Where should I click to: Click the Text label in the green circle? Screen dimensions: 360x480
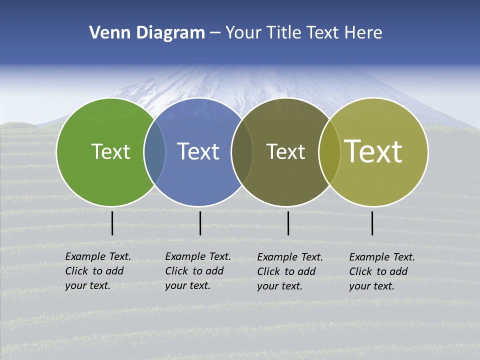pyautogui.click(x=110, y=151)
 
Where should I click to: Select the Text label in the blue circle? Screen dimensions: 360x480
pyautogui.click(x=198, y=151)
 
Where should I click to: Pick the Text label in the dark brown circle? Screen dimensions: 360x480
pyautogui.click(x=285, y=151)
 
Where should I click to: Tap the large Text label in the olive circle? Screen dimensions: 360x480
pyautogui.click(x=373, y=151)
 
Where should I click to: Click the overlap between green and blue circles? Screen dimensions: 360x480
pyautogui.click(x=154, y=152)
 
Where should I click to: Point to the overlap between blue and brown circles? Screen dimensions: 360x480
pyautogui.click(x=242, y=152)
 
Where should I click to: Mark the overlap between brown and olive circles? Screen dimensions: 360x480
pyautogui.click(x=329, y=152)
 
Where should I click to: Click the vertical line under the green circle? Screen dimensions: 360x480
pyautogui.click(x=112, y=223)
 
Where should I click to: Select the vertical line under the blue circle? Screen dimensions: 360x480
pyautogui.click(x=200, y=223)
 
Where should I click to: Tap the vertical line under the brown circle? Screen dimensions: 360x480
pyautogui.click(x=288, y=223)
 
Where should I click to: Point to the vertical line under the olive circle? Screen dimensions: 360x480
pyautogui.click(x=372, y=223)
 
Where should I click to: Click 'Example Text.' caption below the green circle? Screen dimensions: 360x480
pyautogui.click(x=98, y=256)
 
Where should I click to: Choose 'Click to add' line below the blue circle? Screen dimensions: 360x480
pyautogui.click(x=194, y=271)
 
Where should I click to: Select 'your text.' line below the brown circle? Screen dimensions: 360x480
pyautogui.click(x=280, y=286)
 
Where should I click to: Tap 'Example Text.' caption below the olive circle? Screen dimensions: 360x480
pyautogui.click(x=382, y=257)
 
